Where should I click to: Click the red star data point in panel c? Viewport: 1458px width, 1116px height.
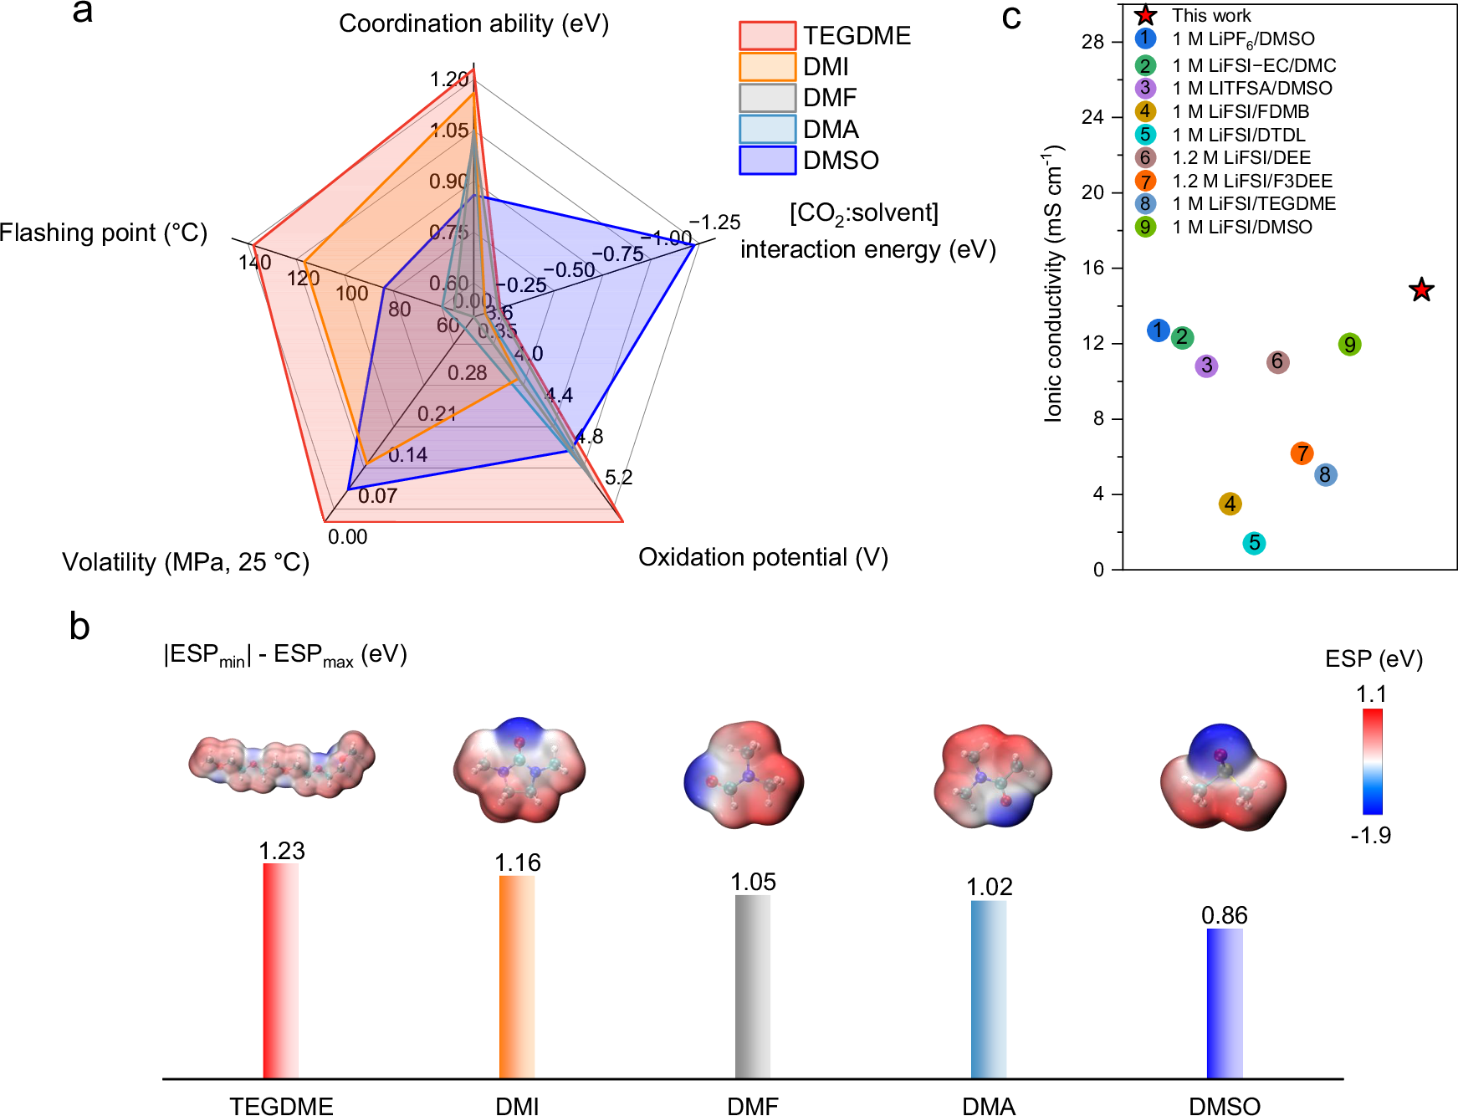click(1421, 290)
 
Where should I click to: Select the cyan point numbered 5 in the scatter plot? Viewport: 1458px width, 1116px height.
click(1254, 543)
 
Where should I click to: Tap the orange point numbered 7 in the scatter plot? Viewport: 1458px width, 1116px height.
click(1302, 453)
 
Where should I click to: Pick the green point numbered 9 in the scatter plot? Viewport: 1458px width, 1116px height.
click(1349, 345)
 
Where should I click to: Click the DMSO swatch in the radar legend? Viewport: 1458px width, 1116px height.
click(767, 160)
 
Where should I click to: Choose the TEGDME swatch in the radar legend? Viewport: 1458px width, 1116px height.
click(767, 36)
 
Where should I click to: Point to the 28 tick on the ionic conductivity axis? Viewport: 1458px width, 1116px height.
click(1092, 42)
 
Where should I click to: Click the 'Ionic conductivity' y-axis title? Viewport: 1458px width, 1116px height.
click(1053, 284)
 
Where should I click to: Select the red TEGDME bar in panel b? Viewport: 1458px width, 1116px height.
click(281, 970)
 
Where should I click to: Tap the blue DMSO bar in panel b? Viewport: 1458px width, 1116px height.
click(1225, 1003)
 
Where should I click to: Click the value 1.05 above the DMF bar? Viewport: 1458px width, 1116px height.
click(753, 882)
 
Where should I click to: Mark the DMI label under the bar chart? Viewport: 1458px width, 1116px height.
click(517, 1106)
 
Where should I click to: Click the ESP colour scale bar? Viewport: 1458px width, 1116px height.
click(1372, 761)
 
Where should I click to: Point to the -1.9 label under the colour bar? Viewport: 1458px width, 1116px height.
click(1371, 835)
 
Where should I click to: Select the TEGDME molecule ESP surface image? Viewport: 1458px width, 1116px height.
click(281, 763)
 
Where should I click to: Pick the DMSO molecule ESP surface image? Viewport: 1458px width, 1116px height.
click(1222, 776)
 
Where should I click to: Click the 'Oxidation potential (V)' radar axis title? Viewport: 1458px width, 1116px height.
click(763, 557)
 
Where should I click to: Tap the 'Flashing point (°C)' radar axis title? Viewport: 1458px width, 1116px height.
click(104, 233)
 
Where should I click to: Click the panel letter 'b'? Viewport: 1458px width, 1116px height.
click(79, 627)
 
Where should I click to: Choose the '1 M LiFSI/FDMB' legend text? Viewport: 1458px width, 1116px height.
click(1240, 111)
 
